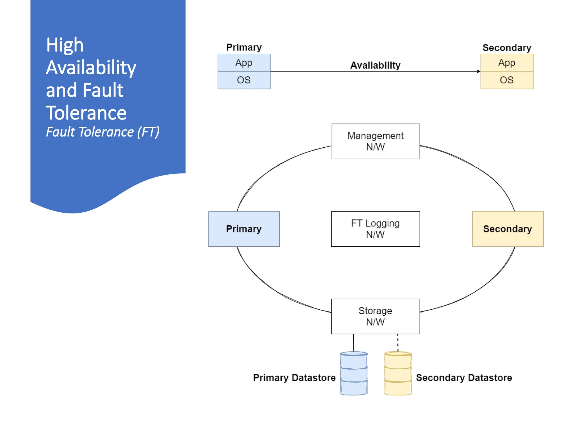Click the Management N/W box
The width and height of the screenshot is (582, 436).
[375, 141]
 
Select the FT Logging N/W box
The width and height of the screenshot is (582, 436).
[375, 229]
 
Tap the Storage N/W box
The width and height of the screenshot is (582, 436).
[375, 316]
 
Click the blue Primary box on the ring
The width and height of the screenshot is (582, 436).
[244, 229]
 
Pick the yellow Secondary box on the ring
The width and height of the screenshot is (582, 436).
[508, 229]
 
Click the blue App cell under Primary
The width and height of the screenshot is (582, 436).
[244, 62]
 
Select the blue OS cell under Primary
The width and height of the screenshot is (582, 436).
[244, 80]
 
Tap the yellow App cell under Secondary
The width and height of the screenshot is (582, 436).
[507, 62]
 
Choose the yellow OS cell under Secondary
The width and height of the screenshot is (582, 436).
[507, 80]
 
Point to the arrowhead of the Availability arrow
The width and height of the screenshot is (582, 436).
[479, 71]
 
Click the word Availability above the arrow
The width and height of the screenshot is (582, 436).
[375, 65]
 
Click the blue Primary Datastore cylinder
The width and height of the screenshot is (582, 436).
[354, 373]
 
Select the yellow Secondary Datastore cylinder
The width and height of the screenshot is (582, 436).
[398, 373]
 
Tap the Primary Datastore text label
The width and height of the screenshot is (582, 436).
[294, 378]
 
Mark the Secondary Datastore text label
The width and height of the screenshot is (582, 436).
[464, 378]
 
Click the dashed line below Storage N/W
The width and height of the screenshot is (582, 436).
[398, 343]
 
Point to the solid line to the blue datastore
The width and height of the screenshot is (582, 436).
[354, 343]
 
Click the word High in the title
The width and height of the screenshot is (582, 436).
[65, 45]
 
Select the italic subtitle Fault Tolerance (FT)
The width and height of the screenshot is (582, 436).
[103, 132]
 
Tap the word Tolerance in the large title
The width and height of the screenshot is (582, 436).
[86, 113]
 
